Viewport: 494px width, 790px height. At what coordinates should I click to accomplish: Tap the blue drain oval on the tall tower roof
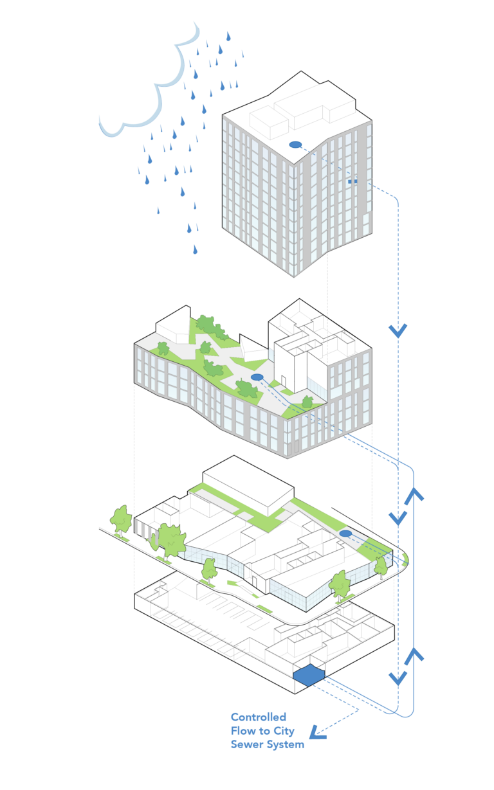295,145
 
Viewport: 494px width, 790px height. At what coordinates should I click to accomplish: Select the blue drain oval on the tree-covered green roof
257,377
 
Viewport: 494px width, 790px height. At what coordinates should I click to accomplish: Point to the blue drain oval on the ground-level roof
345,534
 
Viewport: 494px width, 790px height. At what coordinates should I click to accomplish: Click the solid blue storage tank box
308,674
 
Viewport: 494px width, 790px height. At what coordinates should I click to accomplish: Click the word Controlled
258,717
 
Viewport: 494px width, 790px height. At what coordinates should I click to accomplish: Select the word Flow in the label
243,731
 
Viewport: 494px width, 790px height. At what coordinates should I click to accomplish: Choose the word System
286,745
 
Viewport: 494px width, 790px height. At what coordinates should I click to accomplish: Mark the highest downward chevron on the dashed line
398,331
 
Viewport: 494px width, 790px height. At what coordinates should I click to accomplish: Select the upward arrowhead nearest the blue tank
414,655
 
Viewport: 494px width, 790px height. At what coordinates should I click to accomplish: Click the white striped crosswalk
144,530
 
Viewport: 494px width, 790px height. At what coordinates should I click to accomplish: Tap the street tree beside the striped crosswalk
170,540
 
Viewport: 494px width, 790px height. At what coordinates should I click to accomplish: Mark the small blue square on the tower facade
351,182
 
